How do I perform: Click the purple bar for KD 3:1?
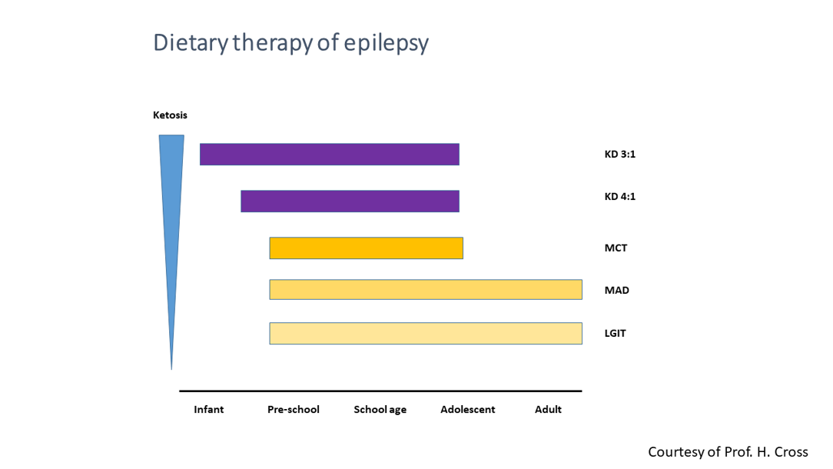(x=329, y=154)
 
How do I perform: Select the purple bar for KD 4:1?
(x=350, y=201)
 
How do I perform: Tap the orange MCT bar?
(x=366, y=248)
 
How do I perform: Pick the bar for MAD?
(x=425, y=290)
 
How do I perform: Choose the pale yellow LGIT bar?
(x=425, y=334)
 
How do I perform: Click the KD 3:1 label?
(x=619, y=154)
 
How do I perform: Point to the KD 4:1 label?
(x=619, y=196)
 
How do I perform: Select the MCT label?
(x=616, y=248)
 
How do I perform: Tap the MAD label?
(x=616, y=290)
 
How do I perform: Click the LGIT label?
(x=615, y=333)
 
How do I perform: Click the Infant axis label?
(x=208, y=409)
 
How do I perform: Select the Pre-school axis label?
(x=293, y=409)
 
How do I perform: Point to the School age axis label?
(x=380, y=410)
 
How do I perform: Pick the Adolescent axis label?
(x=467, y=409)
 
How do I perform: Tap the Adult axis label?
(x=548, y=409)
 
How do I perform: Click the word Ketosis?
(x=170, y=115)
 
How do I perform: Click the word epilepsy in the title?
(x=387, y=43)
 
